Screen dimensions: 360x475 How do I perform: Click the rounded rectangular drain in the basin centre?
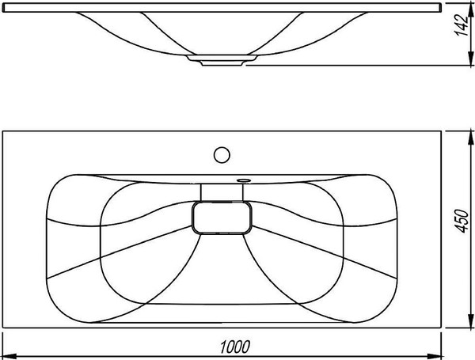click(223, 217)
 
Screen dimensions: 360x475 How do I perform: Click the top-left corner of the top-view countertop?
click(3, 131)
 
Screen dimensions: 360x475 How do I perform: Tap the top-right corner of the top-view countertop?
click(439, 131)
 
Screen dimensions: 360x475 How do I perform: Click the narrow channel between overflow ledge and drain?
click(221, 191)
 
